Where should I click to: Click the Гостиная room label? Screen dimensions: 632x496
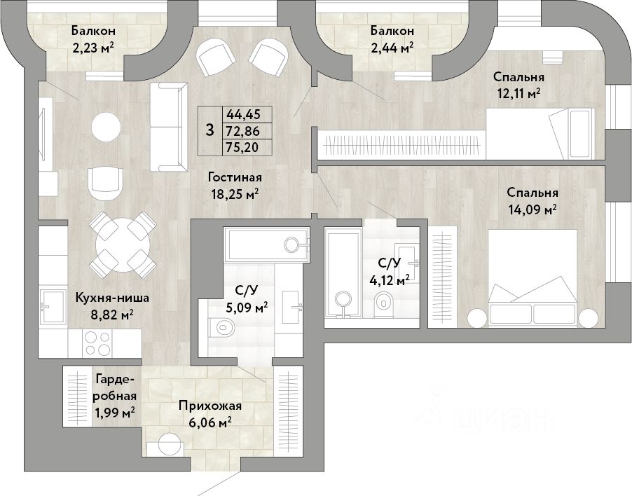pos(235,177)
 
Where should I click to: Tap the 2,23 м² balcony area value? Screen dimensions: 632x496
pos(93,48)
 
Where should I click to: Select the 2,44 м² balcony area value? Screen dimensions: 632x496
pos(392,48)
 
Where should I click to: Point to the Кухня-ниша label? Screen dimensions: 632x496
pos(112,298)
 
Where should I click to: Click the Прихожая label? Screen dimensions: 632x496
pos(210,406)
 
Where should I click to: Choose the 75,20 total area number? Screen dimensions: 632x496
pos(242,148)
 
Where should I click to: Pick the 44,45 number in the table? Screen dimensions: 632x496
pos(243,114)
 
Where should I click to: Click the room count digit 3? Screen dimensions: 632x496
pos(209,130)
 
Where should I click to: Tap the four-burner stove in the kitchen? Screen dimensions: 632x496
pos(97,343)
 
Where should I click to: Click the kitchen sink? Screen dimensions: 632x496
pos(53,307)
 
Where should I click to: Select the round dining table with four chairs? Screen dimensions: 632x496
pos(122,244)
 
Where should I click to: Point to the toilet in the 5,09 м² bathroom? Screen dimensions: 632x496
pos(221,326)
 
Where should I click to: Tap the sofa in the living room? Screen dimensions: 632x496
pos(169,128)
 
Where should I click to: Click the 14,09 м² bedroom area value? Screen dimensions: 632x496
pos(532,209)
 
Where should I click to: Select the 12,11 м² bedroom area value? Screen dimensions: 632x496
pos(518,94)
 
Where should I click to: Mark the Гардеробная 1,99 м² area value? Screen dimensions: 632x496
pos(115,413)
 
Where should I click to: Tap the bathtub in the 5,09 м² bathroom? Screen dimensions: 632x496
pos(267,244)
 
